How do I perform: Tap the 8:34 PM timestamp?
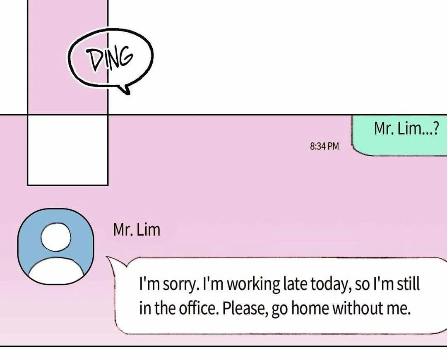click(324, 146)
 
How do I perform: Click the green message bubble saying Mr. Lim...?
click(399, 135)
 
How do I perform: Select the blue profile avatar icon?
click(56, 247)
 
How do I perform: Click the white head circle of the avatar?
click(55, 237)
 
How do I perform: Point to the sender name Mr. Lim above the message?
click(137, 230)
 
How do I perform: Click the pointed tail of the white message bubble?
click(108, 257)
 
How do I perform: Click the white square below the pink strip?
click(68, 150)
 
